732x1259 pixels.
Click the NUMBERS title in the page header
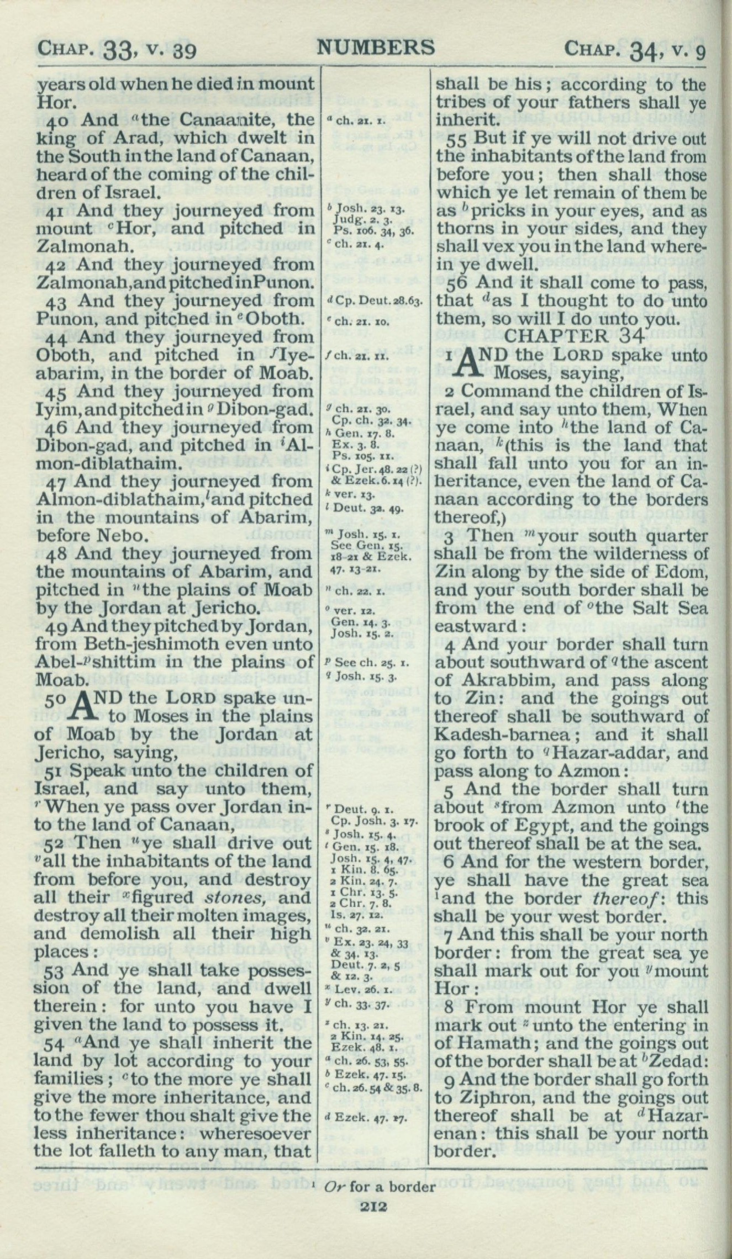pyautogui.click(x=375, y=48)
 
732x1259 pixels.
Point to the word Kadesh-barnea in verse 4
pyautogui.click(x=486, y=734)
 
